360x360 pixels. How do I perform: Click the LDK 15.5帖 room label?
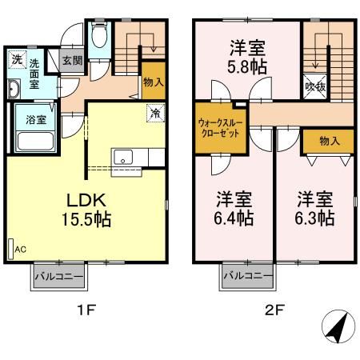click(83, 207)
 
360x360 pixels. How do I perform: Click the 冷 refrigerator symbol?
click(154, 113)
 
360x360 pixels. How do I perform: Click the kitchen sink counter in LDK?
click(126, 158)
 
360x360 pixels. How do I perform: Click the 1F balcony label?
click(62, 278)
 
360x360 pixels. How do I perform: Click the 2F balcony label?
click(249, 278)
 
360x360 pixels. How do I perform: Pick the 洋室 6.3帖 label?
click(314, 207)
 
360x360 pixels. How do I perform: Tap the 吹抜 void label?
click(316, 86)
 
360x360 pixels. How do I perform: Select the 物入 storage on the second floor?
click(329, 141)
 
